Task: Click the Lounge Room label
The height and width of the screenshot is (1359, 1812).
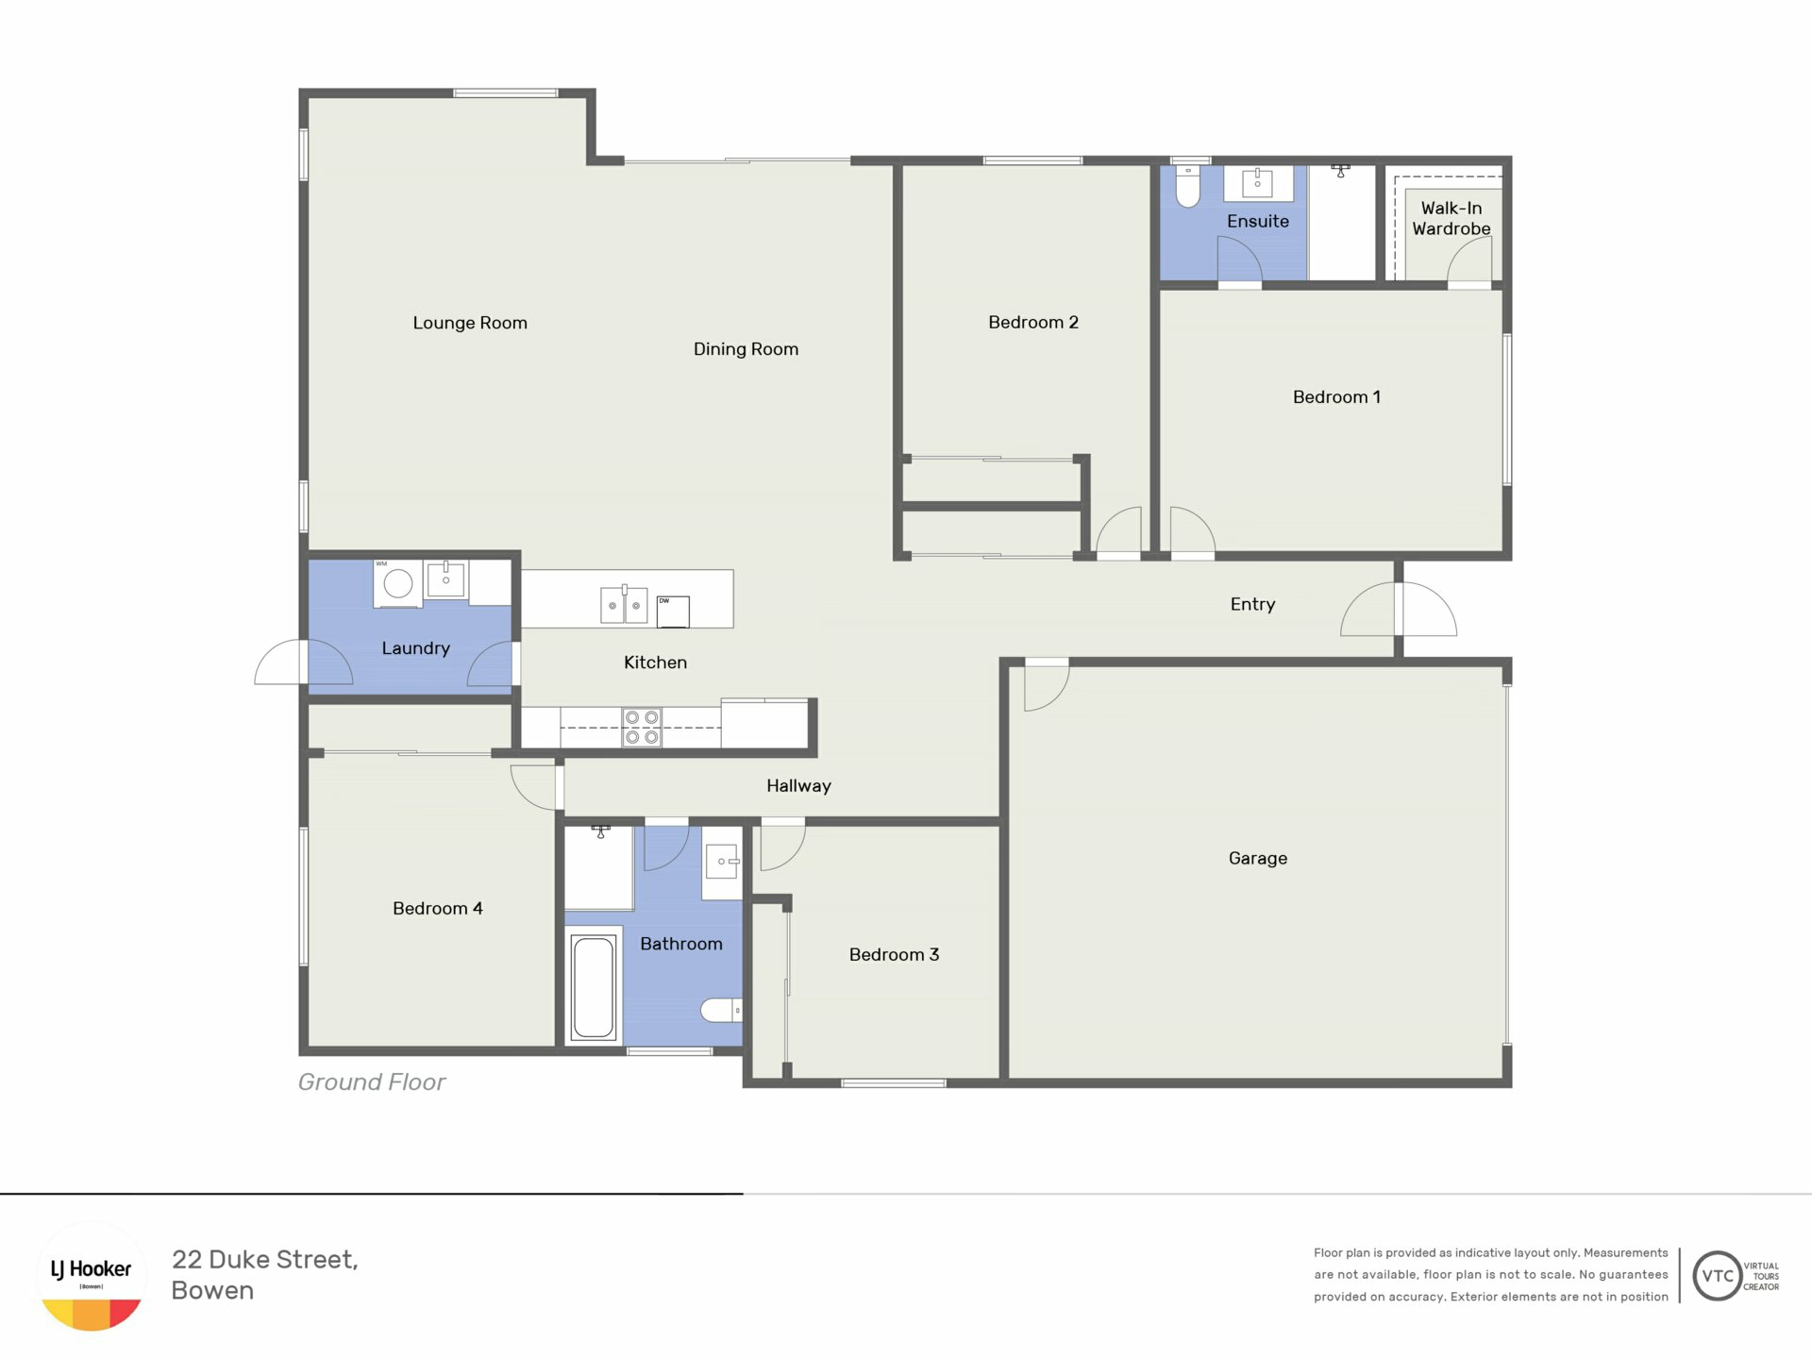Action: pos(470,323)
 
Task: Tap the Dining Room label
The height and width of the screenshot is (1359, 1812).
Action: pos(746,349)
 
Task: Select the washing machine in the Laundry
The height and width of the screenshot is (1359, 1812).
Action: pos(397,583)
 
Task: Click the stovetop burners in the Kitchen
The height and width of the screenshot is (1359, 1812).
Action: pos(642,728)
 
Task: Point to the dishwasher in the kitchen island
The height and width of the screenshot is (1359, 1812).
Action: pos(673,612)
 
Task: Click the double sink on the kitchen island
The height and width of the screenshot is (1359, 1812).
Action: pos(624,605)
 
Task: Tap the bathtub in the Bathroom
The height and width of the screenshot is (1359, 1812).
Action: pos(593,986)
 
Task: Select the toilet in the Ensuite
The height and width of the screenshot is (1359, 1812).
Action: pos(1187,186)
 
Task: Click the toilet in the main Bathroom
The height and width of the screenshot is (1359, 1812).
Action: pos(721,1010)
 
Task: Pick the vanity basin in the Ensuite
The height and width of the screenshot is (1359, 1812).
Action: pos(1258,183)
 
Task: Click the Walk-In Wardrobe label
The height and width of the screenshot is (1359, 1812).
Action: pos(1451,218)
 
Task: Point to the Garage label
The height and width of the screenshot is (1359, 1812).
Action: pos(1257,858)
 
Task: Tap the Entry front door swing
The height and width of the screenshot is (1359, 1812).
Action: pos(1399,609)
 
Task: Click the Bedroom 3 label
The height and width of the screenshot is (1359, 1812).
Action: pos(894,954)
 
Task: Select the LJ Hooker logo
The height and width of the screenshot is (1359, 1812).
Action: pos(92,1276)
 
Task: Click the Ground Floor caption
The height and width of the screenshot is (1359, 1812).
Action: pos(372,1082)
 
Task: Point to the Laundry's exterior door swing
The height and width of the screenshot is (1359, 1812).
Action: pos(281,662)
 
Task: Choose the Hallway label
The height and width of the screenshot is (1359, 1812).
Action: pos(798,786)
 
